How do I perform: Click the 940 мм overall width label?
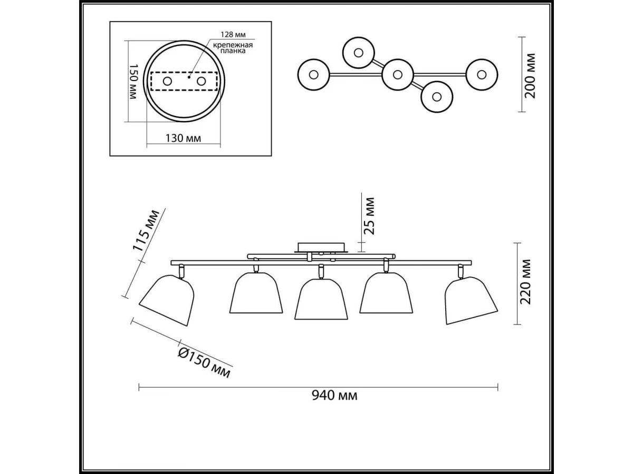(334, 396)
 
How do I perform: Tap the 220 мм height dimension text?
(525, 282)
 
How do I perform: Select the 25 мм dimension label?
(369, 216)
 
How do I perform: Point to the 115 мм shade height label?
(146, 231)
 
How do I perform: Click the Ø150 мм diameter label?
(204, 363)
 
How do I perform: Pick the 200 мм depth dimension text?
(530, 76)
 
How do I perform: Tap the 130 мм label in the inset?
(183, 139)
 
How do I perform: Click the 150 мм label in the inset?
(133, 82)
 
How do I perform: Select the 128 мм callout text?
(233, 35)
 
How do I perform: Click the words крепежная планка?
(233, 48)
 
